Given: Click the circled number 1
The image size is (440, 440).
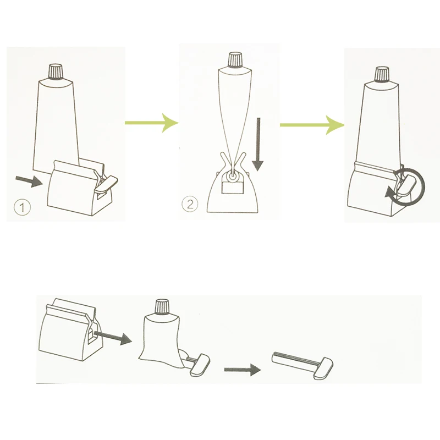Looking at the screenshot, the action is click(22, 207).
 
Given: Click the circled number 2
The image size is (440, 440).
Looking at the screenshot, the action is click(190, 204).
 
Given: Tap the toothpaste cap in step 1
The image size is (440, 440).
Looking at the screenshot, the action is click(57, 71).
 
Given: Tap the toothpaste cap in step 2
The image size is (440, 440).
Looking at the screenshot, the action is click(235, 60).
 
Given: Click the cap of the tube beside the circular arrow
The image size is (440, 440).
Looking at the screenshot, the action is click(382, 74).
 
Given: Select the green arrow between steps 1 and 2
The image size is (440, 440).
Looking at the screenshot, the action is click(152, 123).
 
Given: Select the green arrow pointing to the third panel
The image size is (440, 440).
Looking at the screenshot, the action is click(312, 125).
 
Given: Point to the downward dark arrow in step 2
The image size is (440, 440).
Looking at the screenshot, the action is click(257, 144).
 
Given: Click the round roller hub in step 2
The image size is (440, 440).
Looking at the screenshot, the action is click(232, 178).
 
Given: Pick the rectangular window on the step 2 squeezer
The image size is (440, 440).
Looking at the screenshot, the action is click(232, 187).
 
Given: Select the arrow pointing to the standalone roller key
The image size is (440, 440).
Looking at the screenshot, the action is click(243, 370).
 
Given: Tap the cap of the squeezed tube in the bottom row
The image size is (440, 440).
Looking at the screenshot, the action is click(162, 307).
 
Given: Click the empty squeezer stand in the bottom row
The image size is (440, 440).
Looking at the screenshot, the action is click(70, 329).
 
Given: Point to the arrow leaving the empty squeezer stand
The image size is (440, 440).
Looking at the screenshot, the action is click(113, 337).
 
